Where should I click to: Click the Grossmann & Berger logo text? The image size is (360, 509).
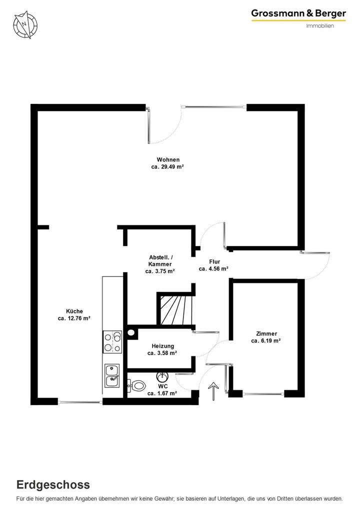tap(298, 14)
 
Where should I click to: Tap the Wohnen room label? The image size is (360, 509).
tap(168, 160)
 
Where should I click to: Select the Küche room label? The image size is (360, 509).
tap(73, 310)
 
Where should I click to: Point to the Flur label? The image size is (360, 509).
tap(214, 261)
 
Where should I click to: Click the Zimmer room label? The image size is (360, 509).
tap(266, 333)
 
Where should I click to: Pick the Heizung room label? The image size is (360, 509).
tap(162, 346)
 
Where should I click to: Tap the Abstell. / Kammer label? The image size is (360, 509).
tap(160, 260)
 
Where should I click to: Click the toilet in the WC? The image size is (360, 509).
tap(136, 385)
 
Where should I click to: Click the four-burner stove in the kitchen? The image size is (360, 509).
tap(112, 342)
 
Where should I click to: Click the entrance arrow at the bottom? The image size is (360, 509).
tap(213, 390)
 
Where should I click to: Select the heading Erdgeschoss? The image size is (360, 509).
tap(53, 484)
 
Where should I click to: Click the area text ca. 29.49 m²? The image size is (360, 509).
tap(168, 167)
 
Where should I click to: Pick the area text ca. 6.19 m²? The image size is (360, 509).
tap(266, 341)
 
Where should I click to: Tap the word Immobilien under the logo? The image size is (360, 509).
tap(320, 26)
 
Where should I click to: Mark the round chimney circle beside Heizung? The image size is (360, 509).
tap(131, 331)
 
